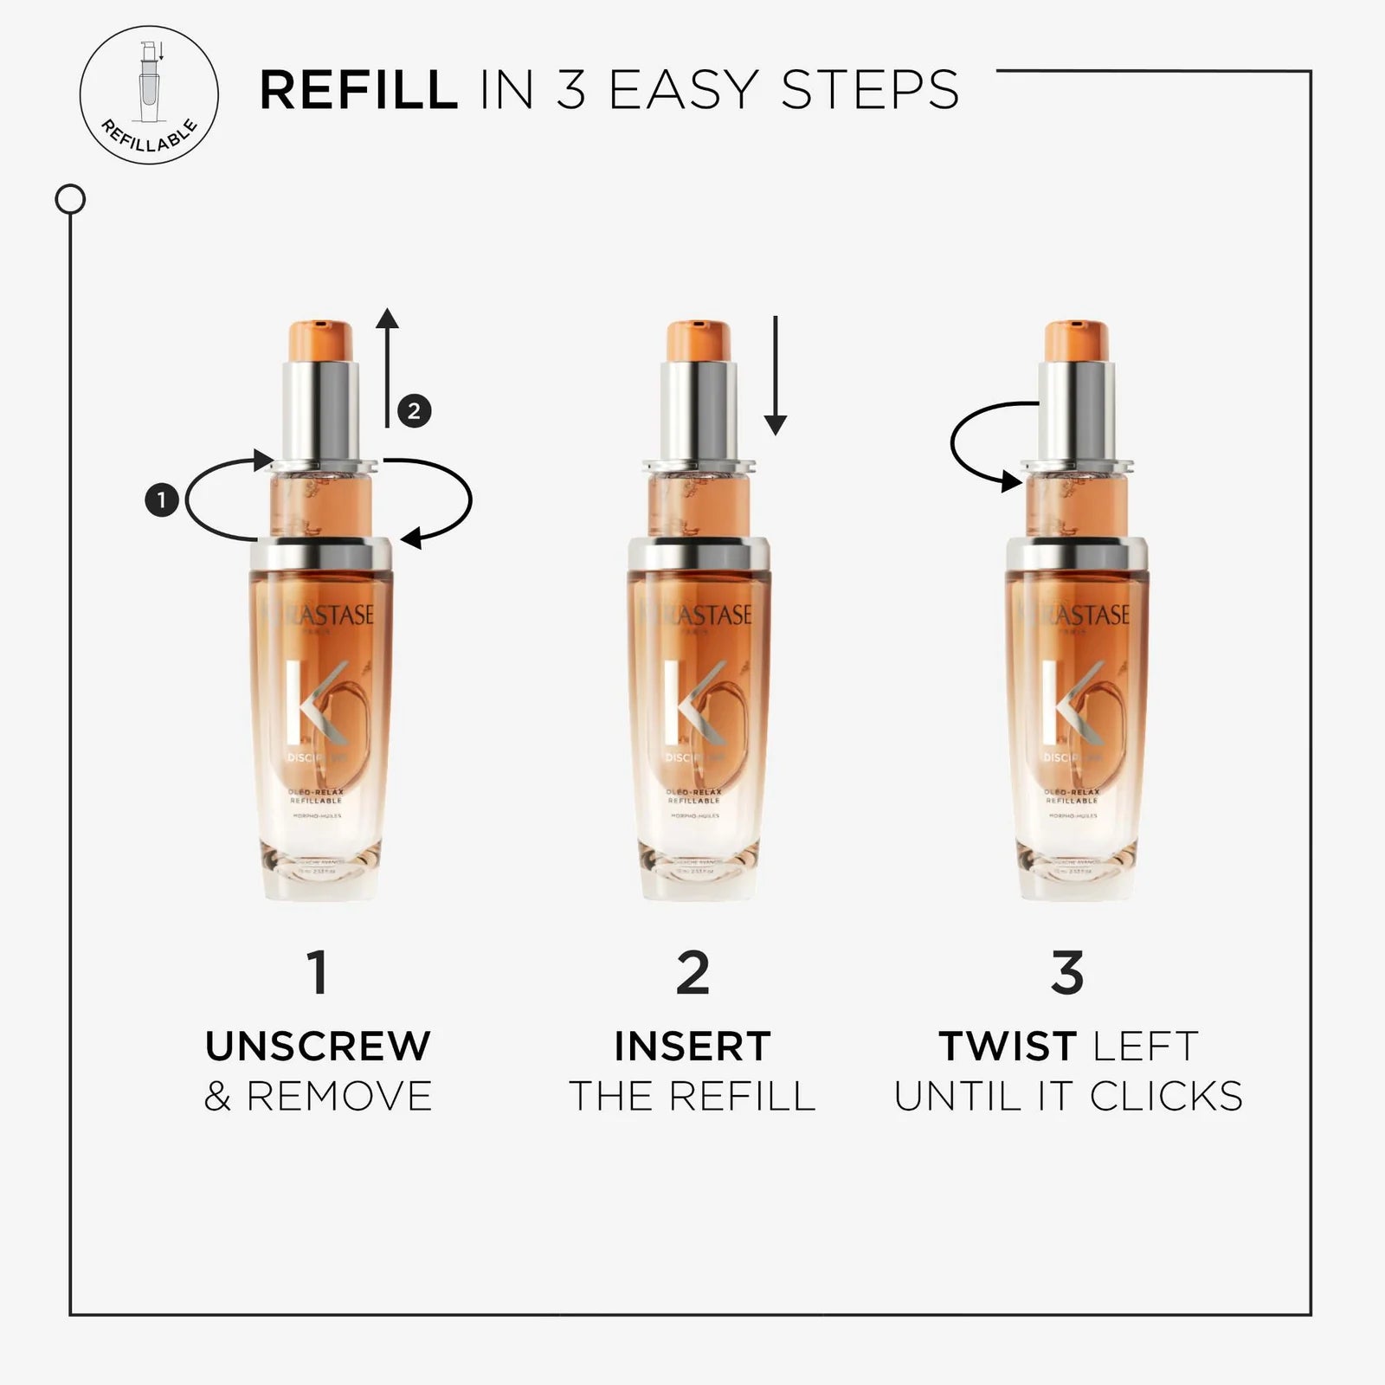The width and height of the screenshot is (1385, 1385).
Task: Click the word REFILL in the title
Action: click(x=358, y=90)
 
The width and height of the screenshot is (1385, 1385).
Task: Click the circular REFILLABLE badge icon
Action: click(x=149, y=94)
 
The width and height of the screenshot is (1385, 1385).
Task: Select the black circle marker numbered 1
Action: click(x=161, y=499)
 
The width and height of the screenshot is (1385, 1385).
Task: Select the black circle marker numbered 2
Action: click(x=414, y=410)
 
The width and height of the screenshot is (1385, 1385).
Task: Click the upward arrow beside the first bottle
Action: click(x=387, y=368)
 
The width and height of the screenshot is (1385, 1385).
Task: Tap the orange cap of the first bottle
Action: click(x=319, y=340)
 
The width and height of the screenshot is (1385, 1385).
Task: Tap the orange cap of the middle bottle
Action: click(x=698, y=340)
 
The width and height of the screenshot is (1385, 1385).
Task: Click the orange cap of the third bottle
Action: click(x=1076, y=340)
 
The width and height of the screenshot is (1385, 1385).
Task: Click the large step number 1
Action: click(x=318, y=972)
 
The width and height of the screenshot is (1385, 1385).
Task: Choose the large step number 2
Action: click(x=692, y=972)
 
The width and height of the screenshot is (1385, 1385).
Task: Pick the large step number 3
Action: click(x=1067, y=972)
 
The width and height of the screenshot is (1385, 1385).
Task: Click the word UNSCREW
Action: click(x=318, y=1046)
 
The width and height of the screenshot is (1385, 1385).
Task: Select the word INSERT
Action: click(x=692, y=1046)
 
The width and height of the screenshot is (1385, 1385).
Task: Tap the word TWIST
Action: click(x=1008, y=1046)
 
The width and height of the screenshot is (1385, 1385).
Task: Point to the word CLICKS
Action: click(x=1166, y=1097)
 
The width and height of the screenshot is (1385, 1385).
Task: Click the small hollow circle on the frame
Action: click(x=70, y=200)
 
